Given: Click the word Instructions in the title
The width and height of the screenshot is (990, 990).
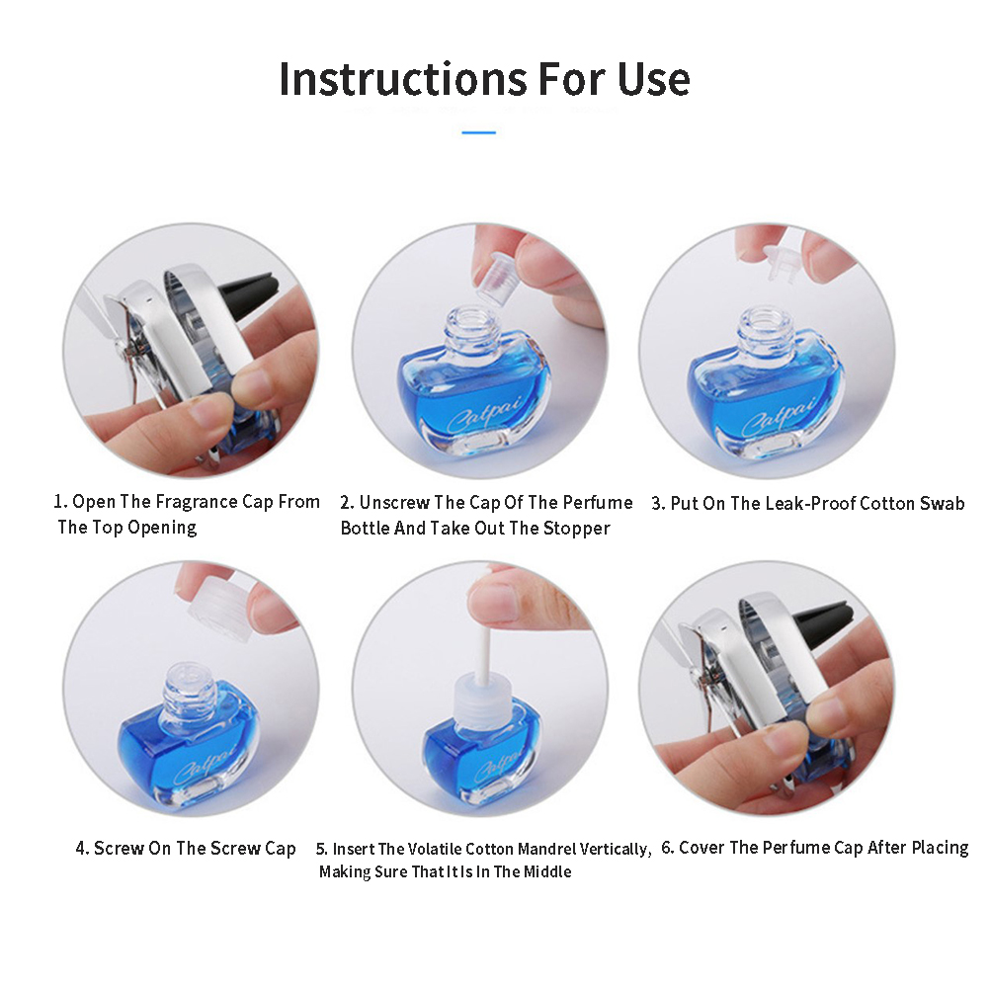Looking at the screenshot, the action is click(x=403, y=79).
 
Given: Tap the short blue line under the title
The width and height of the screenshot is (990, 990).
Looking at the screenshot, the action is click(x=478, y=132).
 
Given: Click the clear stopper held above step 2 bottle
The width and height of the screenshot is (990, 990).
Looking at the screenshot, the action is click(x=496, y=278).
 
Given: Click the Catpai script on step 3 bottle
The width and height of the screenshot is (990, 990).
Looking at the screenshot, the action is click(x=781, y=415).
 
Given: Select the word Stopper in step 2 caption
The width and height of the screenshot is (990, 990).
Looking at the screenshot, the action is click(x=577, y=528).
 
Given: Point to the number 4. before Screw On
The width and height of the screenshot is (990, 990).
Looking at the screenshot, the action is click(x=82, y=848).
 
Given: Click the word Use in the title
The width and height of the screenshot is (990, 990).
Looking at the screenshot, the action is click(x=653, y=79).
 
